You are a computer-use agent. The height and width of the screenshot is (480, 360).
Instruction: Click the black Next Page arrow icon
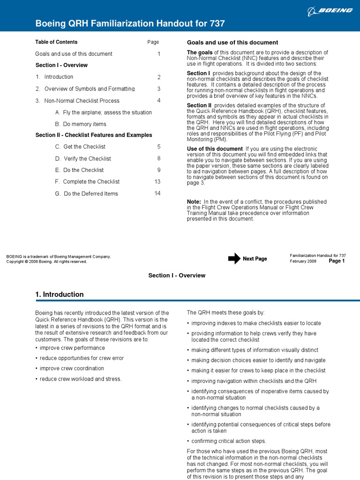234,259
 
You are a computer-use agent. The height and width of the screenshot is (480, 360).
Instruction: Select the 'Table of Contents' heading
56,42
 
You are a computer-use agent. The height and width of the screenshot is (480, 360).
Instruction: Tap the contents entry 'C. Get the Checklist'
80,147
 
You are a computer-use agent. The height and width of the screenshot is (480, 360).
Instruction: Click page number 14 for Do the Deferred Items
157,193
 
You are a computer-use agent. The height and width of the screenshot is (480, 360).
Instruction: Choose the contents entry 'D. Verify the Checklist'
83,158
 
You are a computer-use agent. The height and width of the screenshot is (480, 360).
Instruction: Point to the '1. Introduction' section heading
60,294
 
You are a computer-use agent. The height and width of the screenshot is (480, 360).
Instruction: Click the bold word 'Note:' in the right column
194,202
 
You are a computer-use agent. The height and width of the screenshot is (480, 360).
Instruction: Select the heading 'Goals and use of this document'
232,42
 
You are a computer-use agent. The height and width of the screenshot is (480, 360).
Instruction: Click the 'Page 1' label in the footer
337,261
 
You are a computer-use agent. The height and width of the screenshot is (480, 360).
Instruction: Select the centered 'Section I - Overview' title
177,275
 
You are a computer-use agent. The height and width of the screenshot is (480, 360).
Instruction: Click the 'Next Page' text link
255,259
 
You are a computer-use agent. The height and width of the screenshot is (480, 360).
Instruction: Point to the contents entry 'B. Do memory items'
81,124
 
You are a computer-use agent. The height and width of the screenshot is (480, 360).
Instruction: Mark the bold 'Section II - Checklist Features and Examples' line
94,135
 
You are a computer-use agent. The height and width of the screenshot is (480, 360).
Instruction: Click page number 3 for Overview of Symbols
159,89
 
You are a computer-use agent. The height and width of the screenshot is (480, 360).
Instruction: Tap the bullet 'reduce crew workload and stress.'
80,379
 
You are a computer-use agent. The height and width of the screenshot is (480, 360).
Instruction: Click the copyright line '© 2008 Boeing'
46,262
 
